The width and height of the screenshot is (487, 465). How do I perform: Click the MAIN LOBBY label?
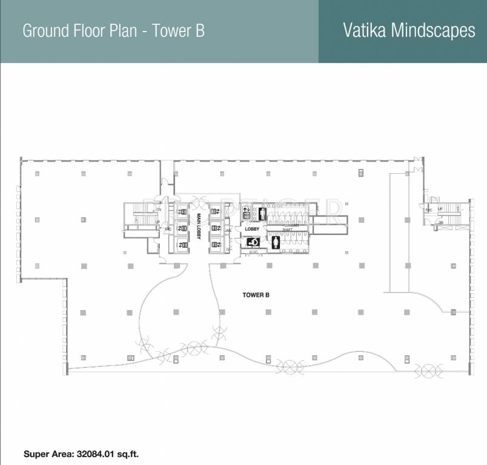198,226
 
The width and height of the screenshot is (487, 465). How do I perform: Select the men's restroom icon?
262,213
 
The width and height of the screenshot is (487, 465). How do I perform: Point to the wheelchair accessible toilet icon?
254,242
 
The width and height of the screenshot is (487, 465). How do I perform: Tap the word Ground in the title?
47,31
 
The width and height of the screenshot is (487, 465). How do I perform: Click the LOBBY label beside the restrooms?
252,229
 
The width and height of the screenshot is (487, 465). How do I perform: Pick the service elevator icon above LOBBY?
247,213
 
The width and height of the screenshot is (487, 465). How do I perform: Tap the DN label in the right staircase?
441,223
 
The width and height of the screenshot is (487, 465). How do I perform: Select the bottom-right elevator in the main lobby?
215,244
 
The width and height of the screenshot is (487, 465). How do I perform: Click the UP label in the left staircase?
158,222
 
